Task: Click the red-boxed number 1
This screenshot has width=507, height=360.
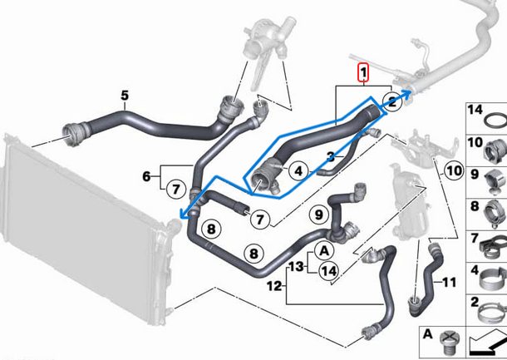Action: pyautogui.click(x=362, y=74)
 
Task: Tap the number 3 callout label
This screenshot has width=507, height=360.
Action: pyautogui.click(x=330, y=155)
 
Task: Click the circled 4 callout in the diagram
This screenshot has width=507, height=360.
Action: pyautogui.click(x=297, y=171)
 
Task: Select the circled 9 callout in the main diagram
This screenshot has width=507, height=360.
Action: pyautogui.click(x=316, y=216)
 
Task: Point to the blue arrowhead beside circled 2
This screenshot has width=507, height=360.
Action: pyautogui.click(x=406, y=93)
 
